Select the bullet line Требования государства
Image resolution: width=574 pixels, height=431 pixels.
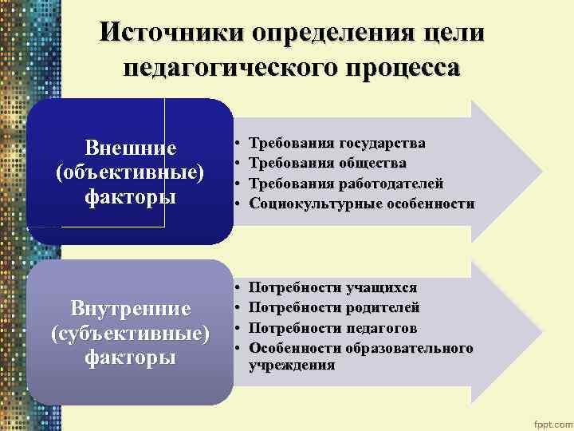337,144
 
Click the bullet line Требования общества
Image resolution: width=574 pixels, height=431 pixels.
328,164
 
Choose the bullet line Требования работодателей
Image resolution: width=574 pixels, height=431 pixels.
347,184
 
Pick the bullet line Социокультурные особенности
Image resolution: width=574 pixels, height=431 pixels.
362,204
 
